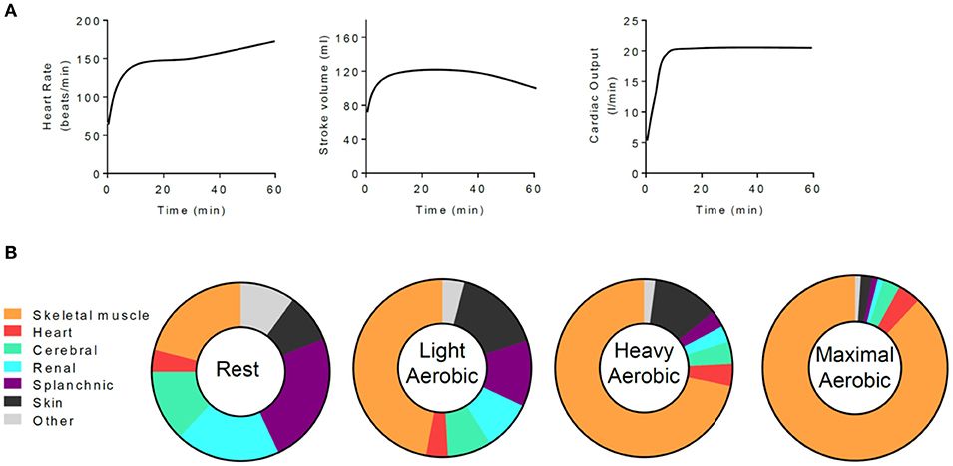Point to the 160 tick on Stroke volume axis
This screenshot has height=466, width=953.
pos(346,38)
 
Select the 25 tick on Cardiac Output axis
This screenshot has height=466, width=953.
pos(633,21)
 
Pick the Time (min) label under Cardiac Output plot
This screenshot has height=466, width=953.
pos(727,212)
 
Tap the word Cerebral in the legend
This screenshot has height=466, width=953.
pos(64,350)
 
